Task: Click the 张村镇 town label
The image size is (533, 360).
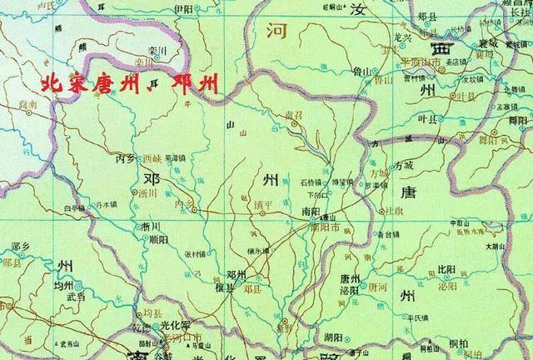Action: (x=192, y=255)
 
